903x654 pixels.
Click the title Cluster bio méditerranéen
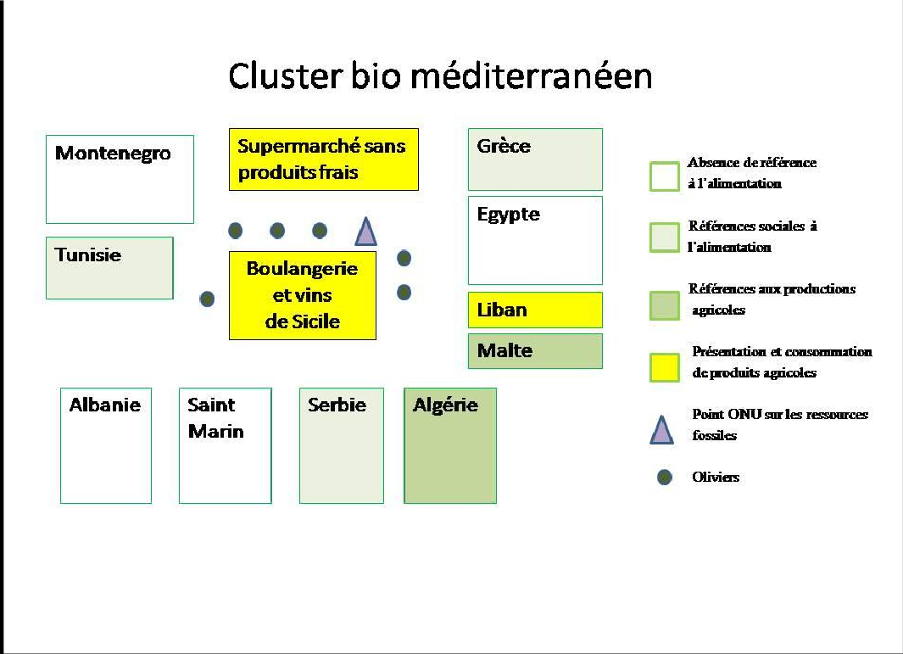point(440,76)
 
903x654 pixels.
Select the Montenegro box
point(120,179)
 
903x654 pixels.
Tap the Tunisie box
point(109,268)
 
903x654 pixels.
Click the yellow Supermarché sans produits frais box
point(323,159)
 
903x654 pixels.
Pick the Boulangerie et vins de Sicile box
point(302,295)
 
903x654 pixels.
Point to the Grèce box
point(535,159)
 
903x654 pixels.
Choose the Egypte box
point(535,241)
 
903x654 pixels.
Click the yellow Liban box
point(535,310)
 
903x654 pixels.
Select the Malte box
point(535,350)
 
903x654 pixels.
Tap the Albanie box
point(106,445)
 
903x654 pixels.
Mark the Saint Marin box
point(225,445)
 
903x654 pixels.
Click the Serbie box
point(341,445)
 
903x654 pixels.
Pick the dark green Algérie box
point(449,445)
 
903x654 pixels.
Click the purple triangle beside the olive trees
point(365,232)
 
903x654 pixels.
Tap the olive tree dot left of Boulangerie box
point(207,299)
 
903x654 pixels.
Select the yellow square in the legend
point(664,368)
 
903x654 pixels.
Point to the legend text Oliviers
point(716,477)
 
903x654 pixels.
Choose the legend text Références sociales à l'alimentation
point(751,237)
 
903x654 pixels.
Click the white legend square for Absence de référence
point(664,176)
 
